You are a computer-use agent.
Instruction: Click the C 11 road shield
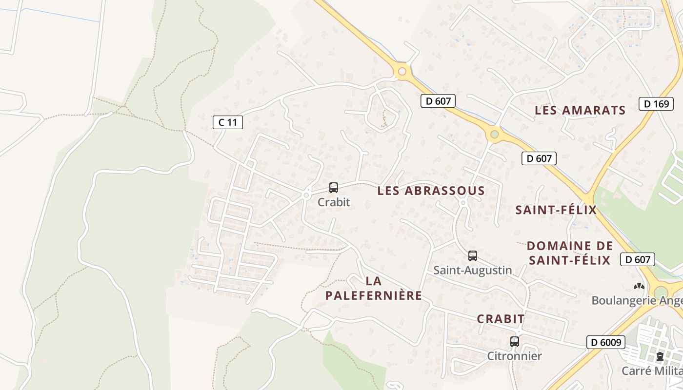tap(228, 122)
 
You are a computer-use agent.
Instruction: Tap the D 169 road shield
tap(653, 103)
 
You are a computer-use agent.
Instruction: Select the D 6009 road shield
tap(605, 342)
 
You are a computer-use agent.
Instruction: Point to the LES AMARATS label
tap(580, 110)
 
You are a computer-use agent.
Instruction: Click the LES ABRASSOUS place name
tap(431, 191)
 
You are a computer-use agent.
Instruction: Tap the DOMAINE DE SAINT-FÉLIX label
tap(570, 253)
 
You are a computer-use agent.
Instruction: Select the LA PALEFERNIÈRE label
tap(373, 288)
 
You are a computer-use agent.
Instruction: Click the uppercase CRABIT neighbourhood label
tap(501, 319)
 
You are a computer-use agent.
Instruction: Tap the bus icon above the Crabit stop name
tap(334, 188)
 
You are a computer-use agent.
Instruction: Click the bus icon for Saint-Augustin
tap(472, 255)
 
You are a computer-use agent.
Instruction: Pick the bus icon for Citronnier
tap(514, 341)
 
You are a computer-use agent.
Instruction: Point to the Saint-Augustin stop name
tap(472, 270)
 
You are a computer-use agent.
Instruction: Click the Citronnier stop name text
tap(514, 356)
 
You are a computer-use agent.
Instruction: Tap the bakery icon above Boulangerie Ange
tap(639, 286)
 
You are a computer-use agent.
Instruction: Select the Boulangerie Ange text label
tap(637, 300)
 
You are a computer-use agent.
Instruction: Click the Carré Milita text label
tap(652, 371)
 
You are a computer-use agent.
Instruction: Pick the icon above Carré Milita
tap(660, 356)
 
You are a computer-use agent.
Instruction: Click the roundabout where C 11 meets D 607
tap(402, 72)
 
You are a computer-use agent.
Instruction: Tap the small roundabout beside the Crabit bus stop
tap(306, 195)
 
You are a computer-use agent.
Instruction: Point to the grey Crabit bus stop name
tap(334, 202)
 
